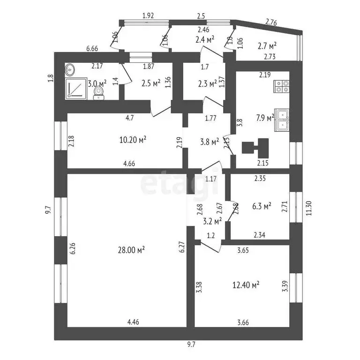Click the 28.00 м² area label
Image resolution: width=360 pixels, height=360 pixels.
pos(131,250)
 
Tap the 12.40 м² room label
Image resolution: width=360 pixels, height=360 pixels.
pos(246,285)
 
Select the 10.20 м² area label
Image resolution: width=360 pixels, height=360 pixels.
pos(133,139)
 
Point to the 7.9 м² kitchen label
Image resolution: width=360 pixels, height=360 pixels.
pos(265,118)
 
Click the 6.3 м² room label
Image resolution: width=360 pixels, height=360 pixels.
pos(262,206)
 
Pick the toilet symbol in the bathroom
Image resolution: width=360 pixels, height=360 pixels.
pos(99,93)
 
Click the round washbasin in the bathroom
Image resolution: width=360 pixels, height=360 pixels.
pos(69,69)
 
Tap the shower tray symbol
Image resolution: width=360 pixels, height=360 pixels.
pos(76,89)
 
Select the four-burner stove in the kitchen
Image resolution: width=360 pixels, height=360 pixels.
pos(281,86)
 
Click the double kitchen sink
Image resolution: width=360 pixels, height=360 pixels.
pos(282,120)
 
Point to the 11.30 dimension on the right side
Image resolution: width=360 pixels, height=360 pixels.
pos(309,208)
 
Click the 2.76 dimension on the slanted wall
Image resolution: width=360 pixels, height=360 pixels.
pos(271,22)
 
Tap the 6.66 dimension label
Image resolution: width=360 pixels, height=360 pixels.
pos(92,48)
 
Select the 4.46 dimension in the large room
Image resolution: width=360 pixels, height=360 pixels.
pos(133,322)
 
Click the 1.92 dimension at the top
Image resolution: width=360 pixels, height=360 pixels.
pos(148,15)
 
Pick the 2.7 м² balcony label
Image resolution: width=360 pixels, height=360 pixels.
pos(267,46)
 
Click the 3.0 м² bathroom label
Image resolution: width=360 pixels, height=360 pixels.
pos(97,83)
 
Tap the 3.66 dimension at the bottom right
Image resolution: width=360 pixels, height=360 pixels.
pos(243,322)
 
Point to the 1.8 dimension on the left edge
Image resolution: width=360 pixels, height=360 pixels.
pos(52,78)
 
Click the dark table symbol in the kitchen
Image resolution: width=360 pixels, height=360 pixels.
pos(255,146)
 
